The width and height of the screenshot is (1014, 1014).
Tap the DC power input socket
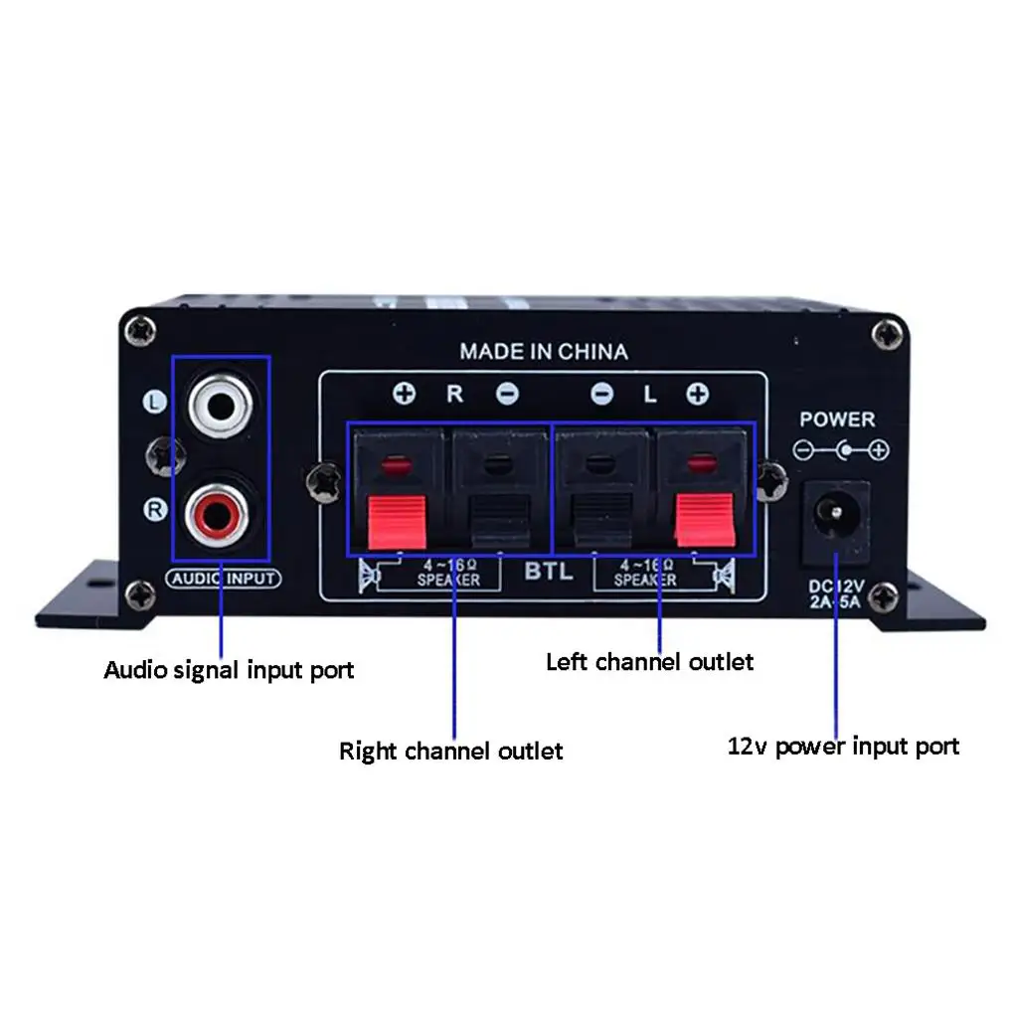(834, 515)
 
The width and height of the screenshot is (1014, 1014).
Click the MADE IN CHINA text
(543, 351)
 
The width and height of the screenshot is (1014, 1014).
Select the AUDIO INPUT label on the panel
(224, 579)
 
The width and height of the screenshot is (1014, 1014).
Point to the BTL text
(549, 572)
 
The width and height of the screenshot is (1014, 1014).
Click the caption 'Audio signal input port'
(229, 669)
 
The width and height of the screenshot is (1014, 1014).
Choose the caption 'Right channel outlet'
(451, 750)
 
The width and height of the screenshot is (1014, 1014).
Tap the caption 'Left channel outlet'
(650, 661)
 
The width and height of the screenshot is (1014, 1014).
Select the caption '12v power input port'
(844, 746)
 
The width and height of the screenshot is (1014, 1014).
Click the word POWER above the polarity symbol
(837, 420)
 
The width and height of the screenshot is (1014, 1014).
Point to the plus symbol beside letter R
(404, 395)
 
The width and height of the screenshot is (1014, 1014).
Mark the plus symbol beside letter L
(697, 395)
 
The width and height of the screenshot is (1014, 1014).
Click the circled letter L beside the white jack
(154, 403)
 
